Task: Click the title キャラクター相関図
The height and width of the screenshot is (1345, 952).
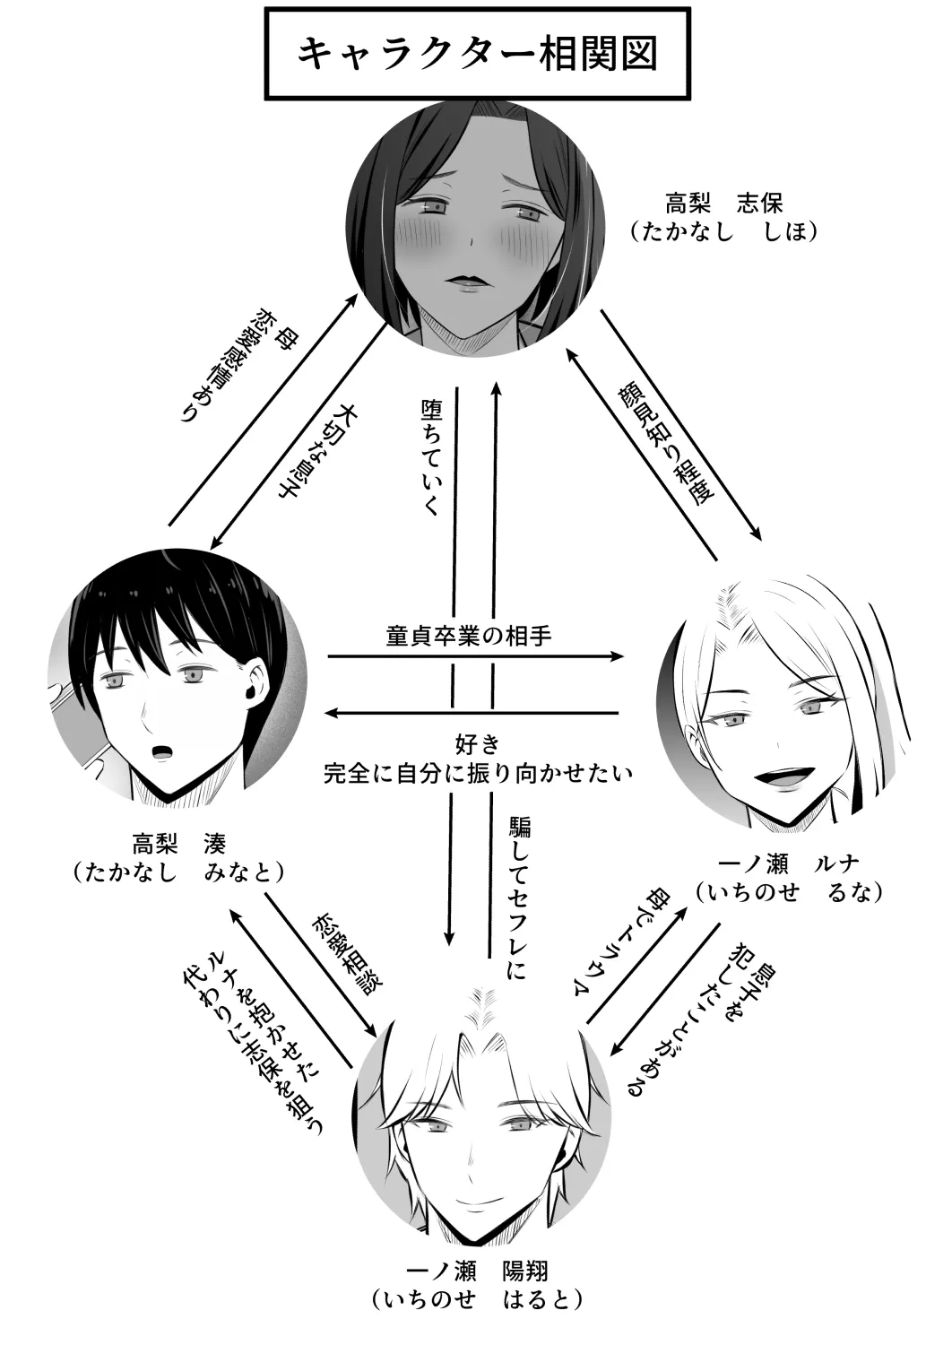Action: point(477,54)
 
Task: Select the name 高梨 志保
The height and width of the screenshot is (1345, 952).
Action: point(723,202)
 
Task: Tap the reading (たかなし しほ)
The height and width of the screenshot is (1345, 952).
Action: point(723,231)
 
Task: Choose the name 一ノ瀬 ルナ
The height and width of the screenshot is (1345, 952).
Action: point(789,863)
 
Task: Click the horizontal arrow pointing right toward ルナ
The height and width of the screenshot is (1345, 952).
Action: point(475,657)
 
